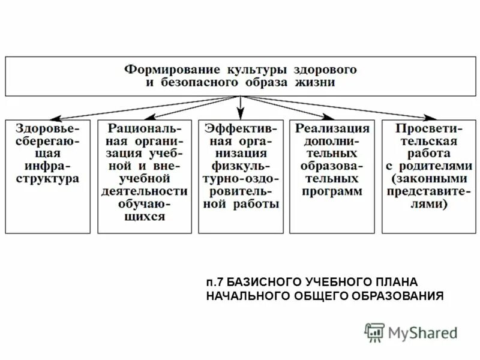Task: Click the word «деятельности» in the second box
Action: click(x=144, y=191)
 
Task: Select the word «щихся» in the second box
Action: click(x=144, y=217)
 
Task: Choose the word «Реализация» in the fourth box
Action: click(x=332, y=128)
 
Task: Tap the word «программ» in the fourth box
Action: click(x=332, y=191)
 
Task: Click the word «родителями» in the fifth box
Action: click(x=425, y=166)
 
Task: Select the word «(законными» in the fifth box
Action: click(x=425, y=179)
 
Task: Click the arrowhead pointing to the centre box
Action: click(x=241, y=114)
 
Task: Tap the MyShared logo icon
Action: click(x=375, y=332)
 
